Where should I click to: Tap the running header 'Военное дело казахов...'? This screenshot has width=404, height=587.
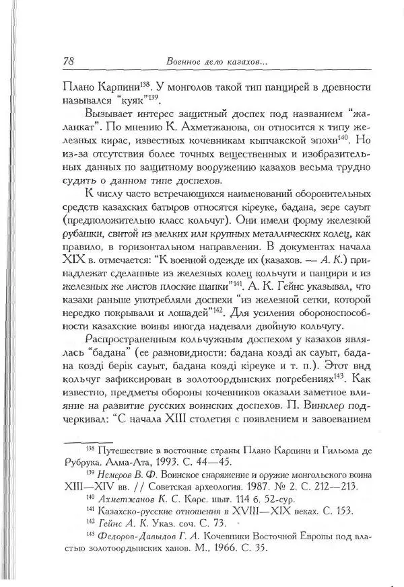pyautogui.click(x=216, y=62)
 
